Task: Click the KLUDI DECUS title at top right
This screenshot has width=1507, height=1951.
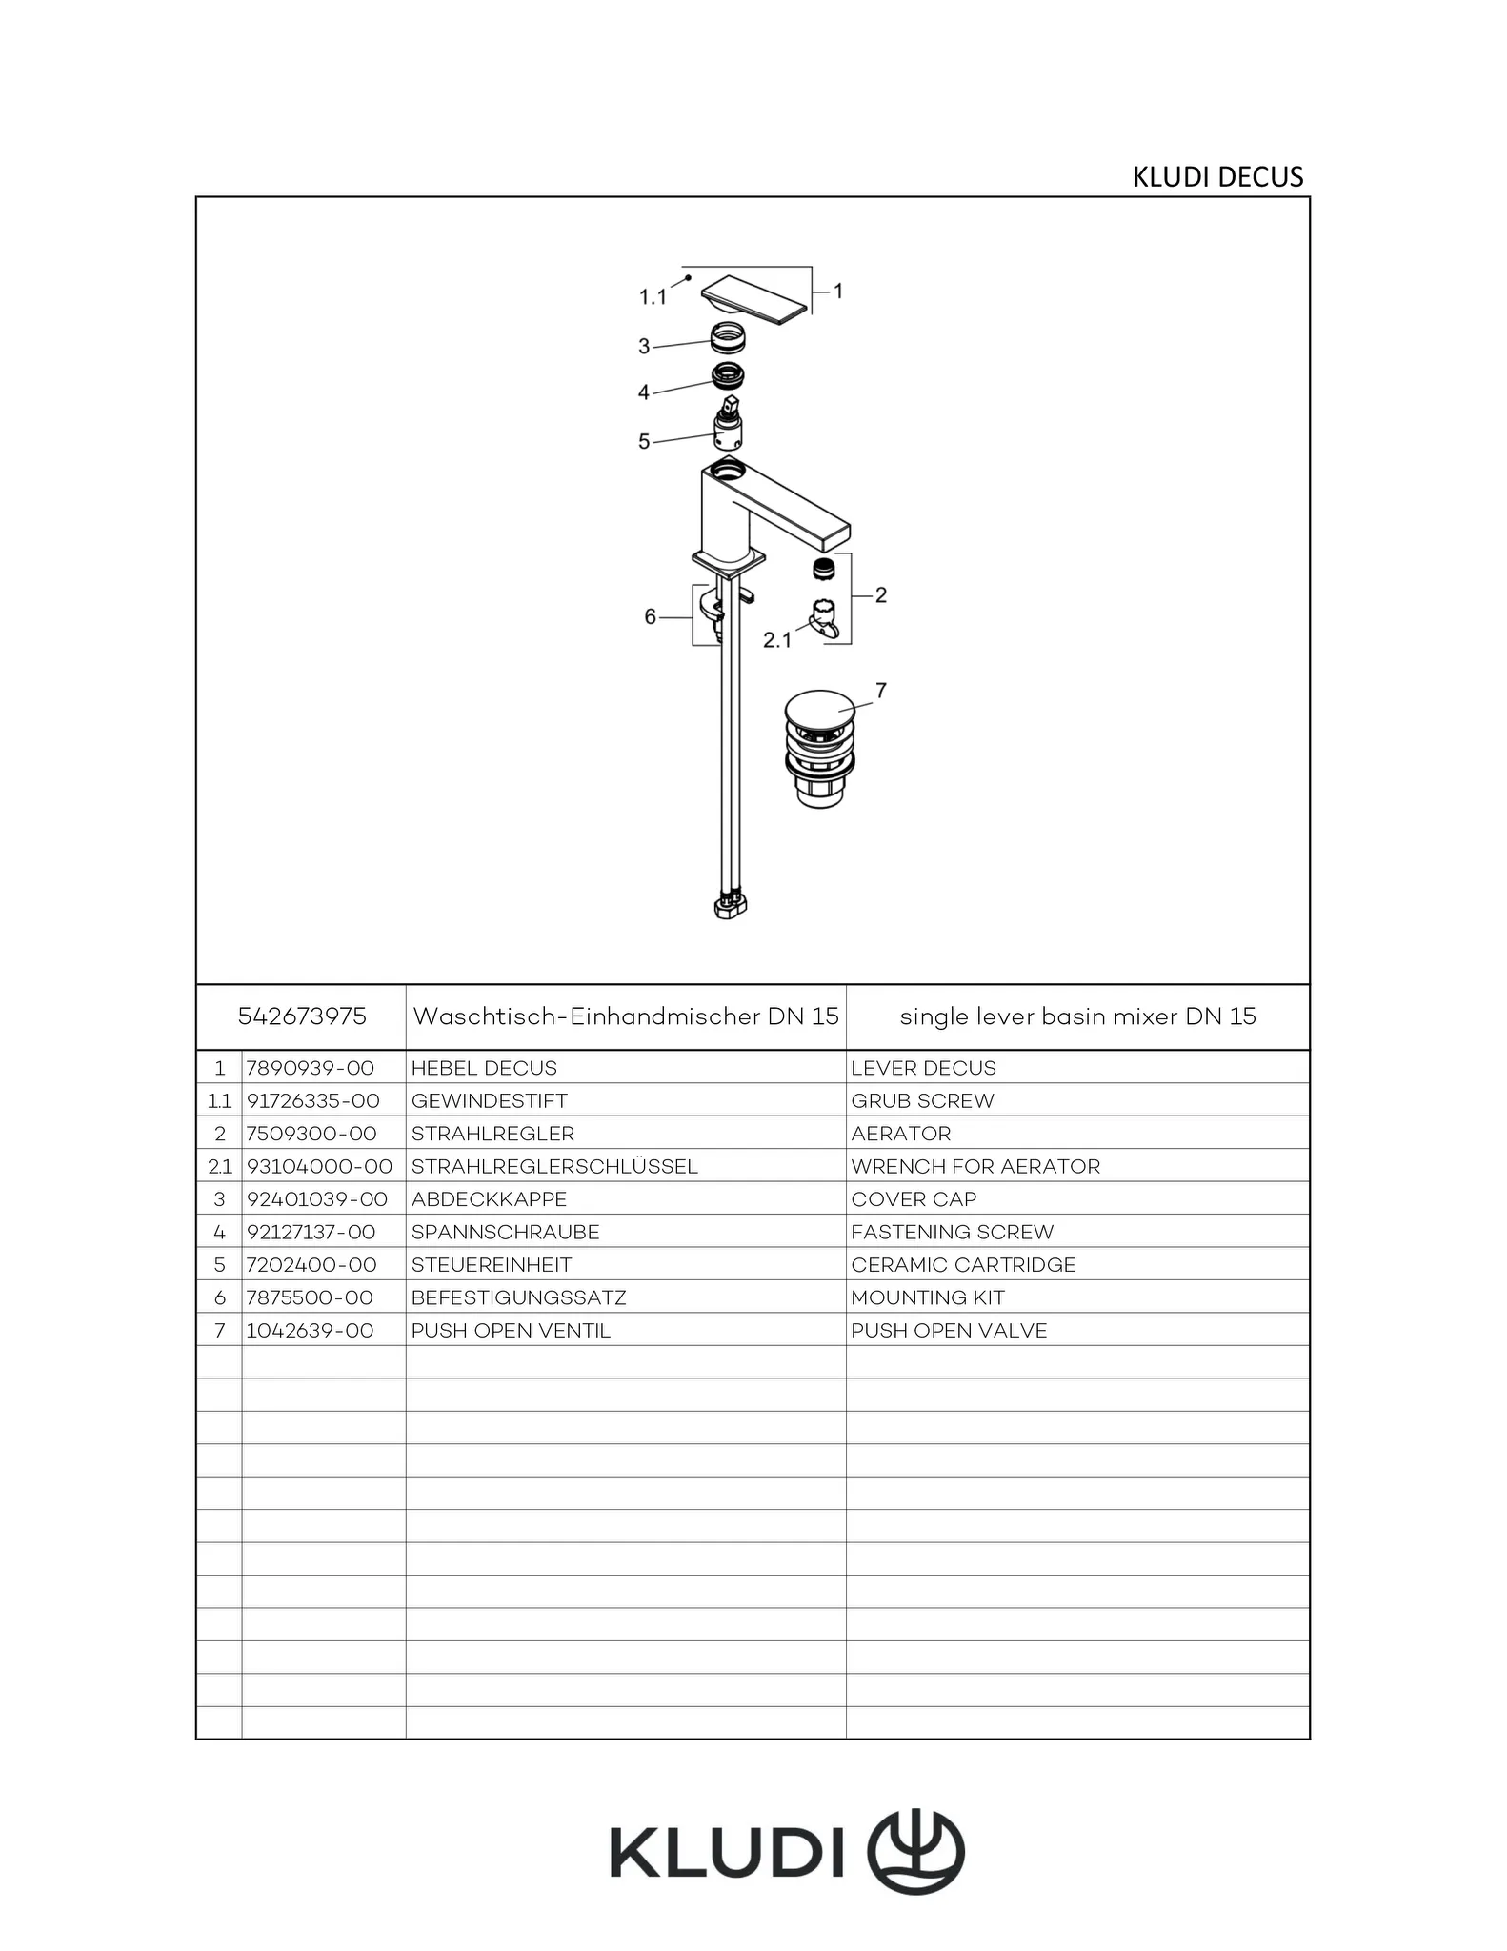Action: click(x=1216, y=177)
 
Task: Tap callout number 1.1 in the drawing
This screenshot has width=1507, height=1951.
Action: click(x=652, y=297)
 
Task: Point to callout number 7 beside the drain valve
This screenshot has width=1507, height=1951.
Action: click(x=880, y=690)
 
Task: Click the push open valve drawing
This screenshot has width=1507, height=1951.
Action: click(x=819, y=750)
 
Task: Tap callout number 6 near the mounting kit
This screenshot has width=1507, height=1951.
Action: click(x=650, y=617)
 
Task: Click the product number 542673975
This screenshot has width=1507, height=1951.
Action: click(x=302, y=1016)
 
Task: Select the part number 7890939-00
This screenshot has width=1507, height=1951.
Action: click(x=311, y=1068)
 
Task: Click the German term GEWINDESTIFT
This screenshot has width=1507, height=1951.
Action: click(x=489, y=1101)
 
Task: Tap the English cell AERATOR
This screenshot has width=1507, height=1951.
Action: click(x=901, y=1134)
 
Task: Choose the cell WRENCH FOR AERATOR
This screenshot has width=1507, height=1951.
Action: click(x=975, y=1166)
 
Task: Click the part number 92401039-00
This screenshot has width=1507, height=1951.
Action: click(x=317, y=1199)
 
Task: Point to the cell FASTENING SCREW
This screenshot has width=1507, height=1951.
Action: click(x=953, y=1232)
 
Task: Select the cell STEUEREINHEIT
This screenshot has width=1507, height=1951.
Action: click(x=492, y=1265)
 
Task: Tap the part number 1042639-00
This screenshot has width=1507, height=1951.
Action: click(x=311, y=1331)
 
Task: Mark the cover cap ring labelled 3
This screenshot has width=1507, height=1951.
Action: click(x=729, y=337)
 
